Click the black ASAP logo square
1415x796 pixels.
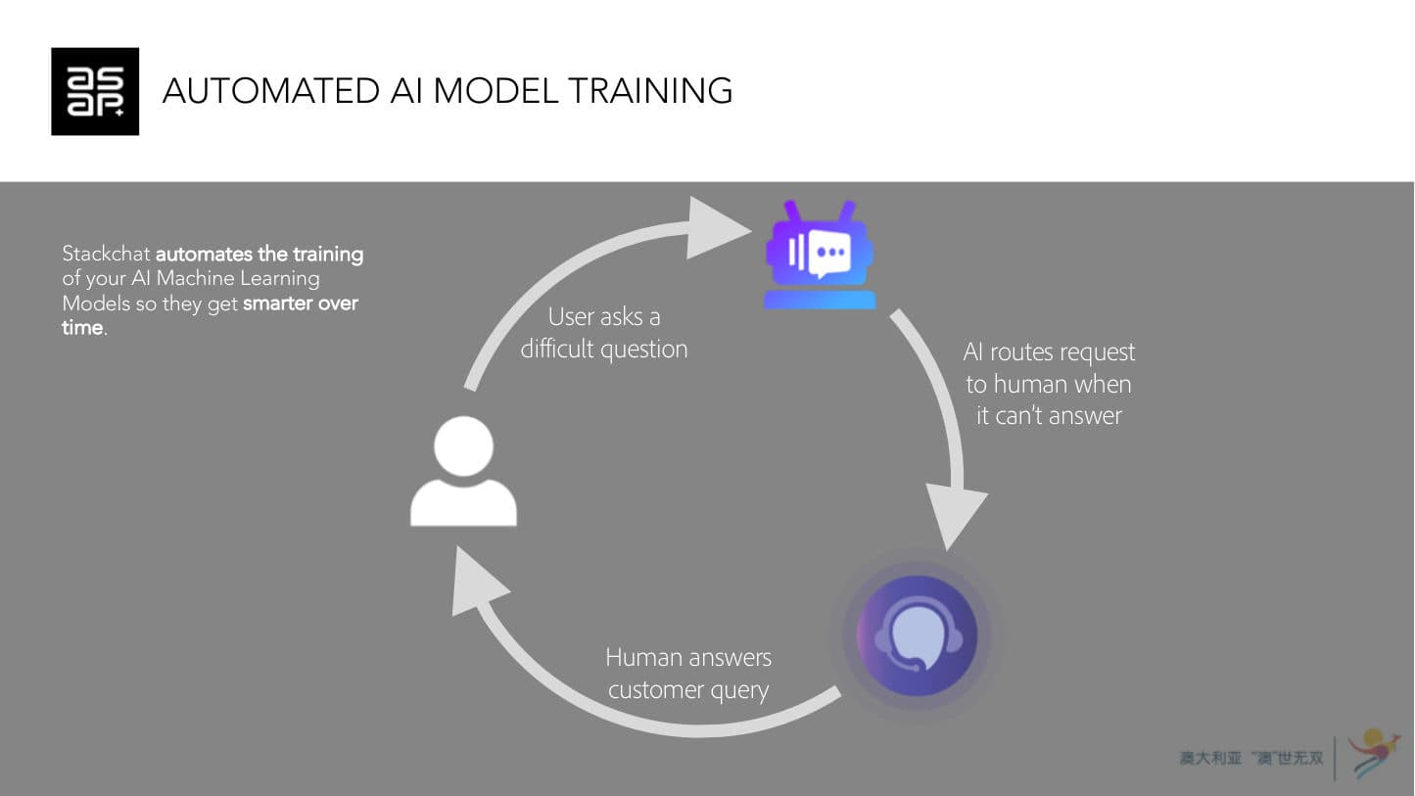(x=95, y=91)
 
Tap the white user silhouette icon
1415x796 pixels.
(x=463, y=472)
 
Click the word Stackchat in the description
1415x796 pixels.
(x=107, y=255)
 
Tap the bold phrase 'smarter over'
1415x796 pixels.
(x=301, y=304)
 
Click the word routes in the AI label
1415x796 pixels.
(x=1028, y=352)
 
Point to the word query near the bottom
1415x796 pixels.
(x=741, y=691)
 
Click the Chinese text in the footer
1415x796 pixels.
(x=1251, y=759)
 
